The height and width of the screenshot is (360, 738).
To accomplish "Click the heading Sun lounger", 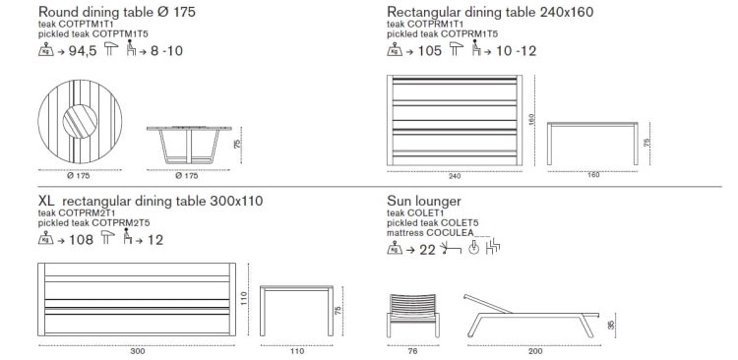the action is pyautogui.click(x=423, y=202).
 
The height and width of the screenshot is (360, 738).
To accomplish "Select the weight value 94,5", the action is pyautogui.click(x=83, y=51).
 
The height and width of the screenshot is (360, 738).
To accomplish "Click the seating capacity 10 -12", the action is pyautogui.click(x=516, y=51).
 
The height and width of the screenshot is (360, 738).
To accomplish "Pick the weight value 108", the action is pyautogui.click(x=81, y=240).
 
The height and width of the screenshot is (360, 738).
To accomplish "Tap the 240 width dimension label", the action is pyautogui.click(x=455, y=176).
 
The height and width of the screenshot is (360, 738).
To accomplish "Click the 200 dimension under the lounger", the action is pyautogui.click(x=535, y=351).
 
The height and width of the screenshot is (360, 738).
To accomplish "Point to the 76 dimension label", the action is pyautogui.click(x=412, y=351).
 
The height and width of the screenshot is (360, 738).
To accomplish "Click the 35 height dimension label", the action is pyautogui.click(x=611, y=326).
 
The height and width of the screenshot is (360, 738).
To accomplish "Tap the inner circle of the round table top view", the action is pyautogui.click(x=80, y=121).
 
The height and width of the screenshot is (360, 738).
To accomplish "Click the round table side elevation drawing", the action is pyautogui.click(x=190, y=145).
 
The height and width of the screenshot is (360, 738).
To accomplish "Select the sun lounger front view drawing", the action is pyautogui.click(x=413, y=316).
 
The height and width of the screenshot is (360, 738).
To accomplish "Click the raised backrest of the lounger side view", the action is pyautogui.click(x=488, y=304).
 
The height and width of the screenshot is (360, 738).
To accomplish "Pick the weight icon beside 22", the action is pyautogui.click(x=395, y=248).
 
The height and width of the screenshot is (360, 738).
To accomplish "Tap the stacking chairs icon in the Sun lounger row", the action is pyautogui.click(x=494, y=246).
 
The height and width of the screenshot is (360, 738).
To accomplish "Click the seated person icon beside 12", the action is pyautogui.click(x=128, y=236).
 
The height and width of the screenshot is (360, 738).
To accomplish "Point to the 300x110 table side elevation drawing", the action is pyautogui.click(x=296, y=311).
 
